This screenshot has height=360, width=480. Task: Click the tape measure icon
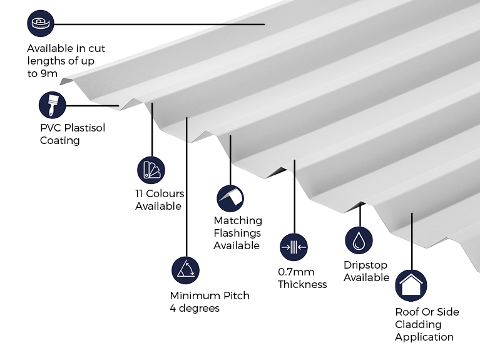(41, 23)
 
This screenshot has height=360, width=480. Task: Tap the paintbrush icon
(53, 105)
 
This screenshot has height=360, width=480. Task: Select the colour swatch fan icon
(151, 170)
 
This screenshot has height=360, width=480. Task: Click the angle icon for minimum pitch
(185, 270)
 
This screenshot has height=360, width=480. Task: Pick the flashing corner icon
(230, 198)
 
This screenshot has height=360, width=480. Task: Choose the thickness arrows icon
(294, 247)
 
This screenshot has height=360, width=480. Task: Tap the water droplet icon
(359, 240)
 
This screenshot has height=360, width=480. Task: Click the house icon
(411, 285)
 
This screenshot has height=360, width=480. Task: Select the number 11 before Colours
(139, 193)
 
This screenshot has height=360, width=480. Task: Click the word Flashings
(237, 233)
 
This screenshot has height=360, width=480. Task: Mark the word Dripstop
(365, 265)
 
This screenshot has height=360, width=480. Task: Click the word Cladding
(418, 324)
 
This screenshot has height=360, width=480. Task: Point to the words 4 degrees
(195, 308)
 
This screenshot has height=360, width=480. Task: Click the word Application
(424, 337)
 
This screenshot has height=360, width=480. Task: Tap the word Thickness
(302, 284)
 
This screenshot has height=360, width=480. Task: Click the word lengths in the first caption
(46, 61)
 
